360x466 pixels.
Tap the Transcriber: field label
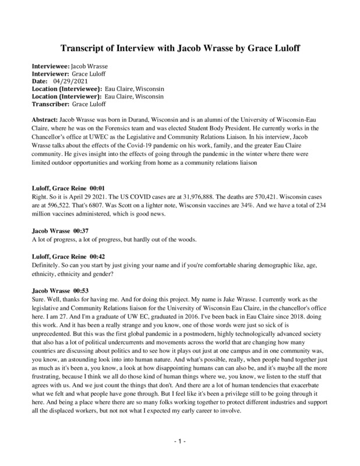51,103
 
